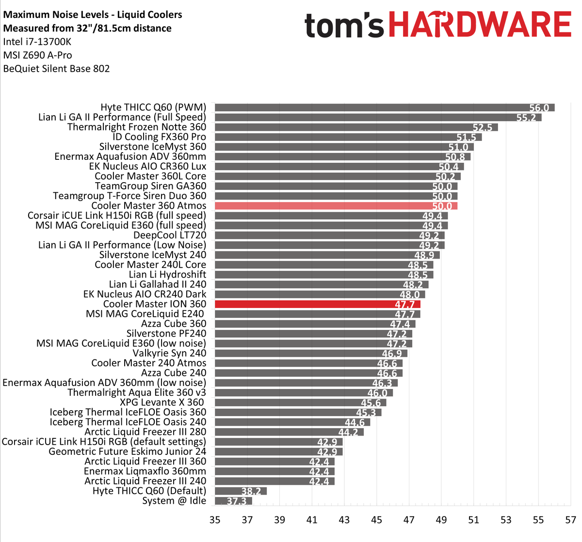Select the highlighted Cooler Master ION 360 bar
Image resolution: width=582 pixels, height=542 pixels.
(317, 304)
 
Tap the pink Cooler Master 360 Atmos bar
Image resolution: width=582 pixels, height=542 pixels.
(336, 206)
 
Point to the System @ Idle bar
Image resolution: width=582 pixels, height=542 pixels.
(233, 501)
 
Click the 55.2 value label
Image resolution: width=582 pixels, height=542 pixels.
(530, 118)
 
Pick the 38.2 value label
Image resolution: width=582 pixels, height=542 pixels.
(251, 491)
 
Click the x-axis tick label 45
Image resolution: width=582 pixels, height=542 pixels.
(376, 520)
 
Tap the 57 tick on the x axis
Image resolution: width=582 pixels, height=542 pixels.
(570, 520)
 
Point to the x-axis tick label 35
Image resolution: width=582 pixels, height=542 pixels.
(215, 520)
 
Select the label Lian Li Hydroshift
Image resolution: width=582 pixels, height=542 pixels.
(167, 275)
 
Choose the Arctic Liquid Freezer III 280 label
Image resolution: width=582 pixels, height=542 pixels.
(145, 432)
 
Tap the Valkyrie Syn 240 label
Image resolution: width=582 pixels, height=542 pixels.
(169, 354)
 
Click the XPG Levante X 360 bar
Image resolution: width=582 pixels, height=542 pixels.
(300, 403)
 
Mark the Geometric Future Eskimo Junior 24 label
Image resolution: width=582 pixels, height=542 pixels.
(128, 452)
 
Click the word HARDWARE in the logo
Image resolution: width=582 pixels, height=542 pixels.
(480, 25)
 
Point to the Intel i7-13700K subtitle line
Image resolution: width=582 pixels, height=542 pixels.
(37, 42)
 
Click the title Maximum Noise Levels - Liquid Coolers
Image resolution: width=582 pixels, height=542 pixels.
(93, 15)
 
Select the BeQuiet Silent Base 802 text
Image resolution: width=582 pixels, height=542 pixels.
(56, 69)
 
